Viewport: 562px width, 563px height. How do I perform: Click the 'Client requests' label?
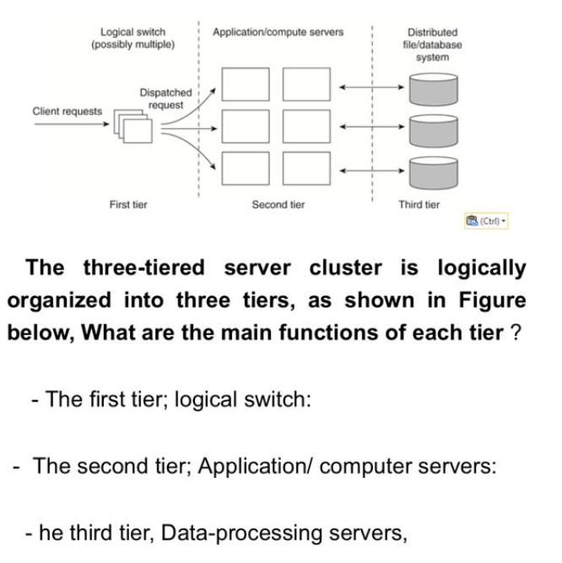(67, 111)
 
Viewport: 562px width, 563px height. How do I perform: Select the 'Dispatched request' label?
(165, 98)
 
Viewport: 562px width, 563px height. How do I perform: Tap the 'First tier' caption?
(128, 204)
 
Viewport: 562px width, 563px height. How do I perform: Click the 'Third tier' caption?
(419, 204)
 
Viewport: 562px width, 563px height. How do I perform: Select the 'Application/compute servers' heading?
(278, 32)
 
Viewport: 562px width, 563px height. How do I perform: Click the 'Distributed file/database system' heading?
(432, 45)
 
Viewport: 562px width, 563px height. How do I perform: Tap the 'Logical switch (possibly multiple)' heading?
(132, 38)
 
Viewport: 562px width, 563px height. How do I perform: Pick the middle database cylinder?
(433, 129)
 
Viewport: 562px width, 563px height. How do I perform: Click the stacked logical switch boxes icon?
(136, 126)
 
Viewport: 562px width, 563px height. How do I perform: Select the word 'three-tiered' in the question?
(143, 268)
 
